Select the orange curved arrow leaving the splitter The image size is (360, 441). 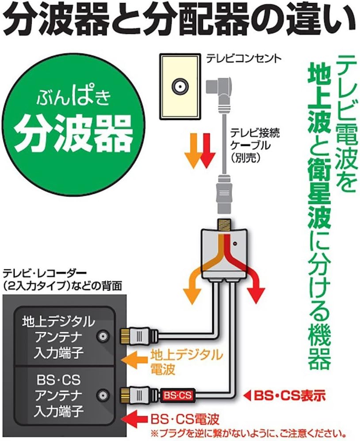pos(195,283)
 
